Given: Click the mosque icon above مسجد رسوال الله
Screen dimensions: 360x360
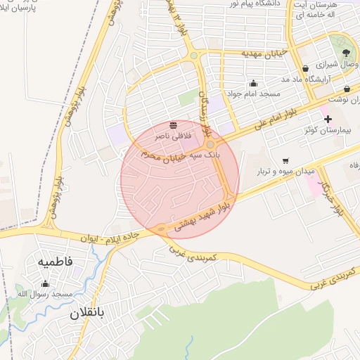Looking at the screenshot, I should pyautogui.click(x=46, y=283).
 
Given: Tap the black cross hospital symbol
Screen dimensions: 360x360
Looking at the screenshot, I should pyautogui.click(x=328, y=119).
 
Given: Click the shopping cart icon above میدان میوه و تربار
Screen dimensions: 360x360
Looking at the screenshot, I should pyautogui.click(x=285, y=161).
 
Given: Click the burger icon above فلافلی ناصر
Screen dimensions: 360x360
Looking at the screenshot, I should pyautogui.click(x=173, y=125).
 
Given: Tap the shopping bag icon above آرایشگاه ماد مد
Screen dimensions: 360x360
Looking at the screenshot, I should pyautogui.click(x=305, y=68).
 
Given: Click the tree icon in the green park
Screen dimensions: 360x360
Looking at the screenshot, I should pyautogui.click(x=345, y=53).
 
